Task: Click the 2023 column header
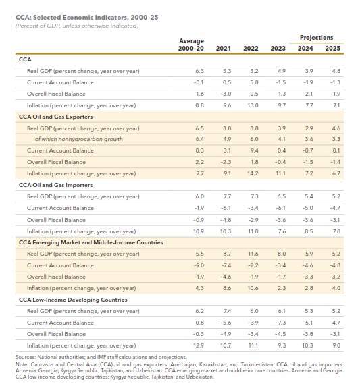[278, 49]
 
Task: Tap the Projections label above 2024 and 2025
[316, 38]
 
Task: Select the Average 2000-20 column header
[191, 45]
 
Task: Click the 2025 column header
[332, 49]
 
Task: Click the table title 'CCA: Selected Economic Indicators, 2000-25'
[86, 18]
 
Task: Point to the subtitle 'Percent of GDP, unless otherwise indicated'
[77, 26]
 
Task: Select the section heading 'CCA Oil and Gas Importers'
[56, 185]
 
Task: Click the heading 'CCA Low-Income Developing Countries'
[73, 300]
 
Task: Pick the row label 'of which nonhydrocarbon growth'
[79, 139]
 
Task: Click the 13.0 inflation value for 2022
[253, 105]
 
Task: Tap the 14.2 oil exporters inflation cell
[253, 173]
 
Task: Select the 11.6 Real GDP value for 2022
[253, 254]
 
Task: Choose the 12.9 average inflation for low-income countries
[199, 345]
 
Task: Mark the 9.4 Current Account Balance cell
[254, 150]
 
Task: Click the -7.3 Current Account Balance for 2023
[280, 323]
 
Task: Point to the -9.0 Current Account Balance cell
[199, 265]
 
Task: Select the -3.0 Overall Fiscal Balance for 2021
[226, 94]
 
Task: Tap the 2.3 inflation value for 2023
[282, 288]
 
